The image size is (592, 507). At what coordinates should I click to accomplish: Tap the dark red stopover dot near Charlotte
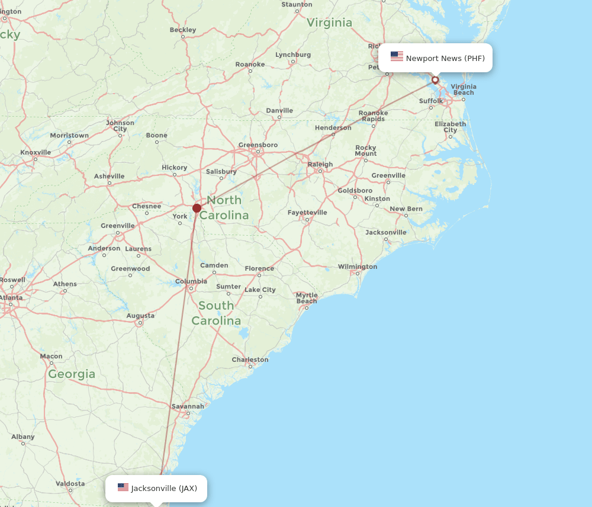(197, 208)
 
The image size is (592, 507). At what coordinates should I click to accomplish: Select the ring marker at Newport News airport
(435, 80)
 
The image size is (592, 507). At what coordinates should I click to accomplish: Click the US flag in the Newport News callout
(397, 57)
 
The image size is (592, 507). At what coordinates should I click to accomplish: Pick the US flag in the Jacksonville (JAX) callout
(123, 487)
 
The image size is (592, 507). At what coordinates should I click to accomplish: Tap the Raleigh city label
(320, 164)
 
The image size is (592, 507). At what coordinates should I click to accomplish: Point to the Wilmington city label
(358, 267)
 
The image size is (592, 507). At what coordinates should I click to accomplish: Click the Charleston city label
(250, 360)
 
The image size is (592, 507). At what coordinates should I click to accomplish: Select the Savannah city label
(188, 406)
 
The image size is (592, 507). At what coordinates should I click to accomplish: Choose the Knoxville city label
(36, 152)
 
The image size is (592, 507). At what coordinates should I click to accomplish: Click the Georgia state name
(72, 374)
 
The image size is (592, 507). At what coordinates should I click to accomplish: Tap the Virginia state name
(329, 23)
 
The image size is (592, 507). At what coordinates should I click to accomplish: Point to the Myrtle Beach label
(307, 298)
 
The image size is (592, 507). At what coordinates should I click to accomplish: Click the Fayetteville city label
(307, 213)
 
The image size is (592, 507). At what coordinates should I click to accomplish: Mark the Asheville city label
(109, 176)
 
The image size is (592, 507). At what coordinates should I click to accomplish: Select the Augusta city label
(140, 316)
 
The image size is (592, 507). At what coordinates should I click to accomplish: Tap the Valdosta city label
(70, 483)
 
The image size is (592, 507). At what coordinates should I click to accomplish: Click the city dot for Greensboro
(258, 152)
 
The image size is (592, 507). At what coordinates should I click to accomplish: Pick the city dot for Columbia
(191, 288)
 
